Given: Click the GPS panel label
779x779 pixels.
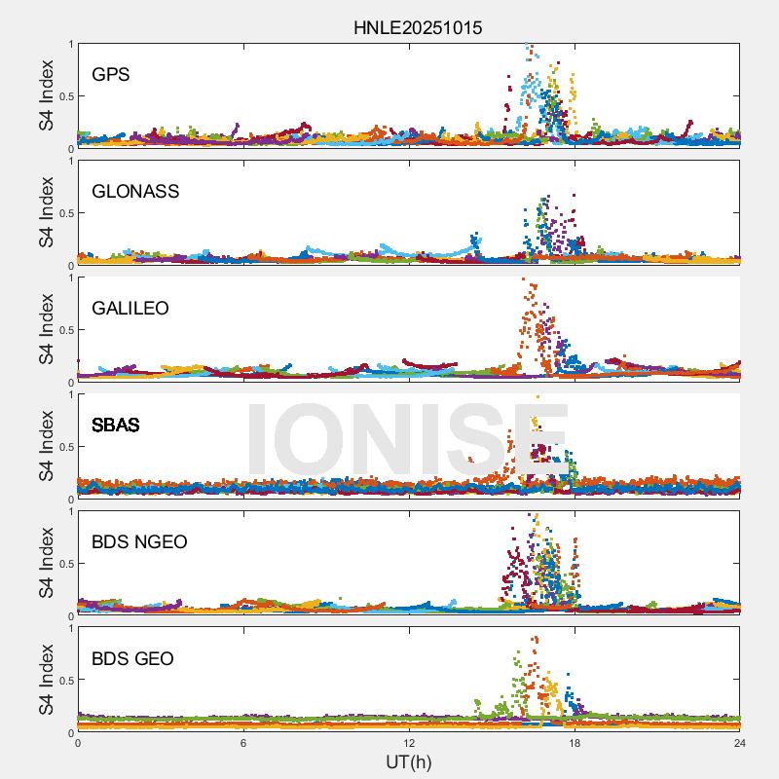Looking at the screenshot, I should click(111, 75).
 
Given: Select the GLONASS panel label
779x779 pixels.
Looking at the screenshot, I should click(135, 192).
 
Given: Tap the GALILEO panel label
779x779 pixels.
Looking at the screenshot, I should click(130, 309).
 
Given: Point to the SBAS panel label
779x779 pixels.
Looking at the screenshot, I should click(116, 426).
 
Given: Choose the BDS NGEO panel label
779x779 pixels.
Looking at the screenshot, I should click(139, 542).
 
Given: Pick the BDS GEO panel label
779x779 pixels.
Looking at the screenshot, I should click(132, 659).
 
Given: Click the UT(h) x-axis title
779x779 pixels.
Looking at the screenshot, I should click(408, 761).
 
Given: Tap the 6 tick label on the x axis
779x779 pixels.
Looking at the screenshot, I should click(243, 743).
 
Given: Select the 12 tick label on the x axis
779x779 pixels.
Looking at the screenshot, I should click(409, 743).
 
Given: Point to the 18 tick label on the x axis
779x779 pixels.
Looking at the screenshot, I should click(575, 743).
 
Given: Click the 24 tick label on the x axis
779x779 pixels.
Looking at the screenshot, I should click(740, 743).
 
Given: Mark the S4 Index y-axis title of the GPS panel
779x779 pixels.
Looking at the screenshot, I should click(47, 95).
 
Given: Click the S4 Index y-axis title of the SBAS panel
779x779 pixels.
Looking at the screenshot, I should click(47, 446).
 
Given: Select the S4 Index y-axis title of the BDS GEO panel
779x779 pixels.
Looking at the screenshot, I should click(47, 680).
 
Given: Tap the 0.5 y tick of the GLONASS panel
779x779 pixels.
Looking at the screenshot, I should click(64, 213).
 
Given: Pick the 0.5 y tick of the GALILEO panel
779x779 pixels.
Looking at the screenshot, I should click(64, 330).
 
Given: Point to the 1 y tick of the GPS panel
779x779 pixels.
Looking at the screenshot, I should click(70, 44).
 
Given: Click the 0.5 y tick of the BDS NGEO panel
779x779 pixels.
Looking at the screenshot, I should click(64, 564).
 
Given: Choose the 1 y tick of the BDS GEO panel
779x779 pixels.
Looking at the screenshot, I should click(70, 628).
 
